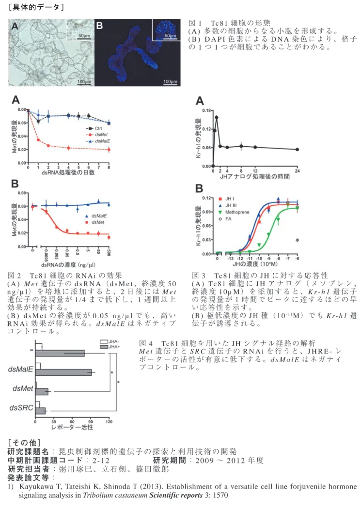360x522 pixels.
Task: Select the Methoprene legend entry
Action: pyautogui.click(x=234, y=213)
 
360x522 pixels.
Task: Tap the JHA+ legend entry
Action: pyautogui.click(x=110, y=347)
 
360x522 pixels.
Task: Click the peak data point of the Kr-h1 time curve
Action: pyautogui.click(x=217, y=117)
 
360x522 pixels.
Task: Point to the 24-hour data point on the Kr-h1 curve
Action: pyautogui.click(x=297, y=150)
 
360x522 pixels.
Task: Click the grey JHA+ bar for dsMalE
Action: pyautogui.click(x=63, y=372)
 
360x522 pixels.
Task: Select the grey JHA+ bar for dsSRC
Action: pyautogui.click(x=40, y=411)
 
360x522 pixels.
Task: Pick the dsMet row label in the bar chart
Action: pyautogui.click(x=23, y=388)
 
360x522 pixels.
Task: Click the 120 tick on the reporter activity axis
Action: pyautogui.click(x=109, y=422)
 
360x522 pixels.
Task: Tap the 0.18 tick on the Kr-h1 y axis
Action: pyautogui.click(x=206, y=110)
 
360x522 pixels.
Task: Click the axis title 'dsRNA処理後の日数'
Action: pyautogui.click(x=68, y=172)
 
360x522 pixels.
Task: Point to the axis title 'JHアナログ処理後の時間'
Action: pyautogui.click(x=255, y=176)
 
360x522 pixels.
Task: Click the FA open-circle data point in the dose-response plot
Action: pyautogui.click(x=297, y=240)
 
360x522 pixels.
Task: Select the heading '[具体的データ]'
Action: pyautogui.click(x=36, y=7)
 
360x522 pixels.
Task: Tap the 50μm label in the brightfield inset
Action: pyautogui.click(x=84, y=35)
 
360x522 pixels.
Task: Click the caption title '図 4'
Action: pyautogui.click(x=145, y=343)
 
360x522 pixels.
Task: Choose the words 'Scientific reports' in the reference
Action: pyautogui.click(x=176, y=495)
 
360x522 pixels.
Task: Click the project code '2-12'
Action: pyautogui.click(x=101, y=461)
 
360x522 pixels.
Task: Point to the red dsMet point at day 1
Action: pyautogui.click(x=38, y=140)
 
